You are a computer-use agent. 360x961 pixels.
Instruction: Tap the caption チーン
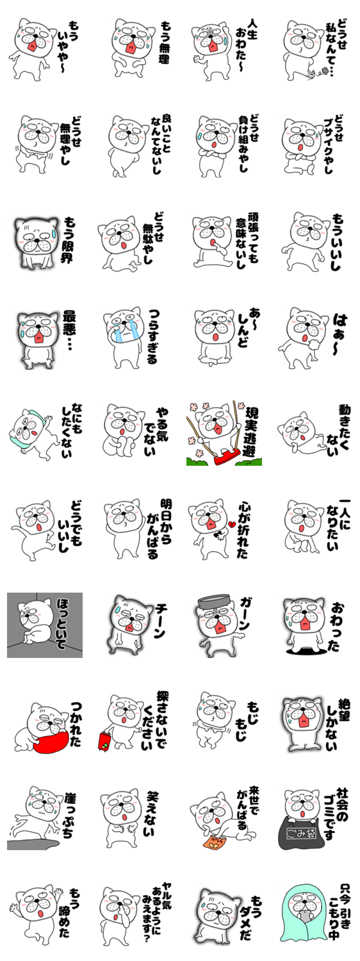coord(160,621)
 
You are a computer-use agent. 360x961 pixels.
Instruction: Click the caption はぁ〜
coord(340,334)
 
